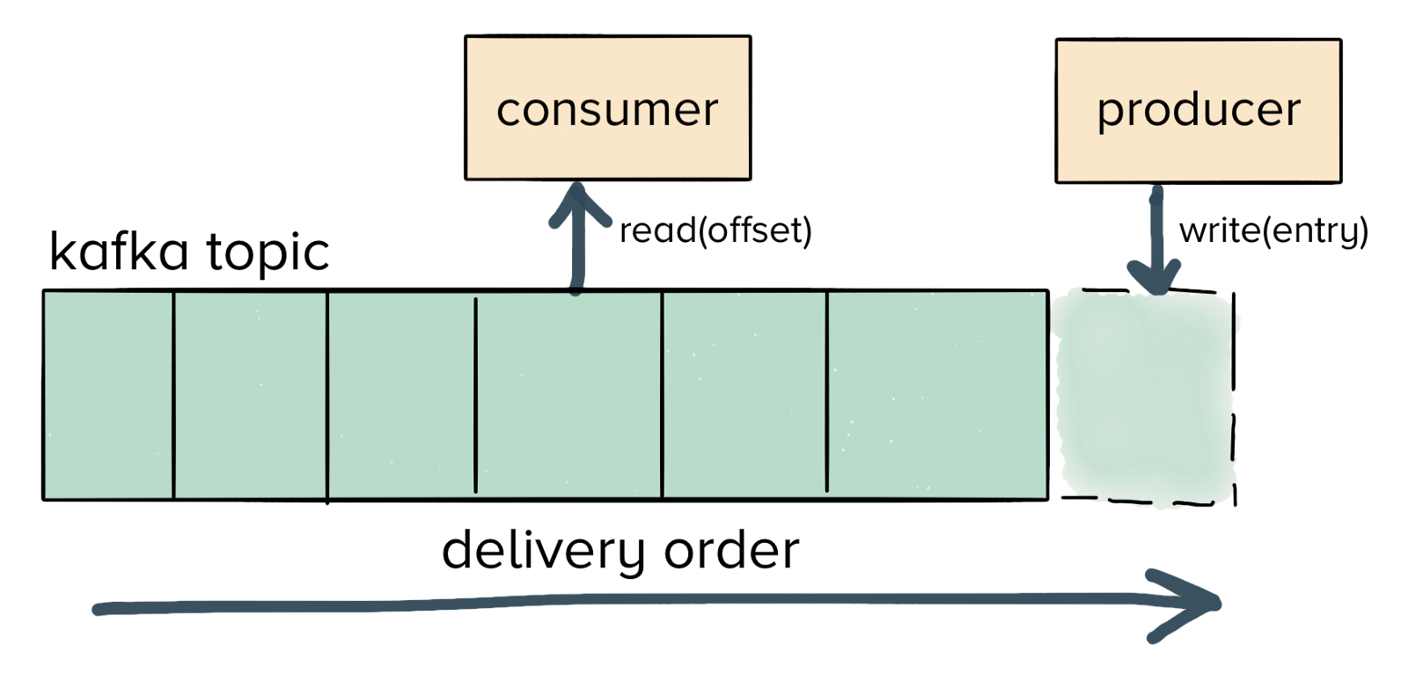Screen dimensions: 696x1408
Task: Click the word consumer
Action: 607,111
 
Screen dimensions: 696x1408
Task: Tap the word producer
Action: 1198,111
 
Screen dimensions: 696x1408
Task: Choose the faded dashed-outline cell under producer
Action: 1145,396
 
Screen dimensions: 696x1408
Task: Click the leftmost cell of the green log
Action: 108,396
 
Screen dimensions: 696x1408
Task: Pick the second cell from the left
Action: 251,396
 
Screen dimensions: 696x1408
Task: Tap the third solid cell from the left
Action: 401,396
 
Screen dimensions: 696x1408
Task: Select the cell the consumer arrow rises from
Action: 568,396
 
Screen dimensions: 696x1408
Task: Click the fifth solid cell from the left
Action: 744,396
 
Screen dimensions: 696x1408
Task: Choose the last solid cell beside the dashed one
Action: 937,396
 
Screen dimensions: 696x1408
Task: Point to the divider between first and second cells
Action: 174,396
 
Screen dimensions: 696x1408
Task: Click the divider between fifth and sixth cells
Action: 827,396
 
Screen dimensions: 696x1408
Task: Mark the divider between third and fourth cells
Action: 476,396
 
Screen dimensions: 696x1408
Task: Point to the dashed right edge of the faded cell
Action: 1234,396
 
